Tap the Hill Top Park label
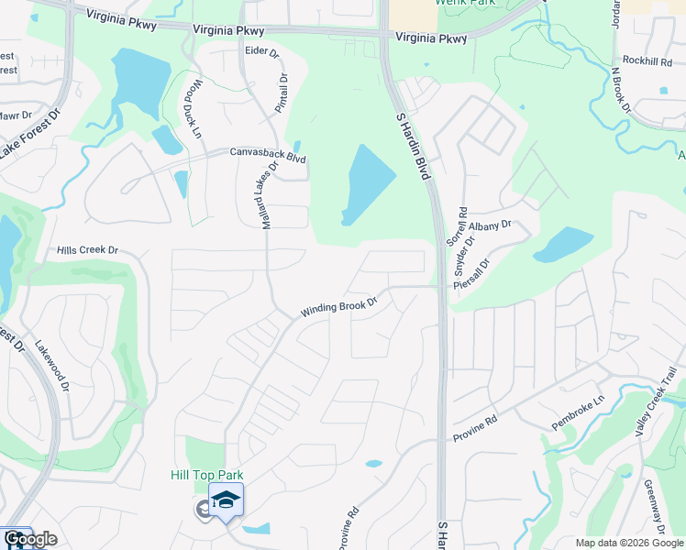coord(205,475)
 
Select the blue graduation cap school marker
coord(226,500)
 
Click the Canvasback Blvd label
coord(268,155)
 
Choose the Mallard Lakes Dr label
coord(259,196)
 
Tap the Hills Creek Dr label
coord(88,249)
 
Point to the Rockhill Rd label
coord(647,60)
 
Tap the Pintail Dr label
coord(282,91)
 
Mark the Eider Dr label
coord(261,51)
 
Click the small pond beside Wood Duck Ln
coord(167,139)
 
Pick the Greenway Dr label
coord(654,506)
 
